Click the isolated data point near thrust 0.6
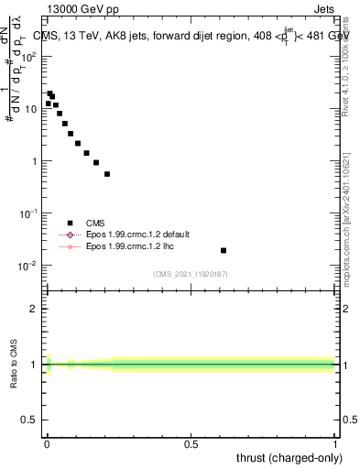(x=224, y=250)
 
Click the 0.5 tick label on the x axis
(x=191, y=445)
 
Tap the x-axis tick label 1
(x=335, y=445)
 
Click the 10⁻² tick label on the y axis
(x=29, y=267)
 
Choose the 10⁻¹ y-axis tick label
(x=29, y=213)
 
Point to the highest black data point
(x=49, y=93)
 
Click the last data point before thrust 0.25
(x=107, y=174)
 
